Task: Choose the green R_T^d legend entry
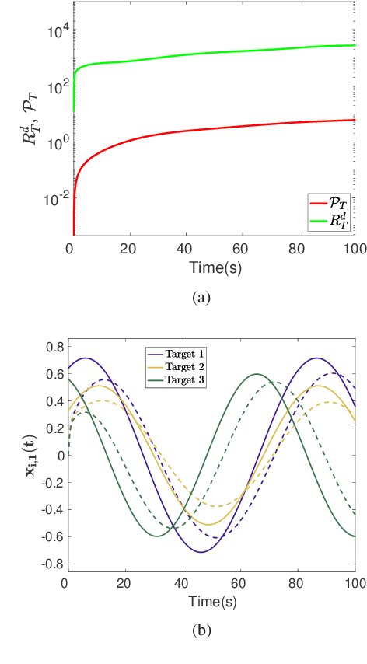(327, 222)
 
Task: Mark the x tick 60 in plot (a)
(241, 250)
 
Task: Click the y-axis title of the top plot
(29, 130)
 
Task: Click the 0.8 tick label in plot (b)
(53, 346)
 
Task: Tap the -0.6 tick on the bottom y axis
(51, 536)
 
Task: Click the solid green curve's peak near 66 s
(257, 374)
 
